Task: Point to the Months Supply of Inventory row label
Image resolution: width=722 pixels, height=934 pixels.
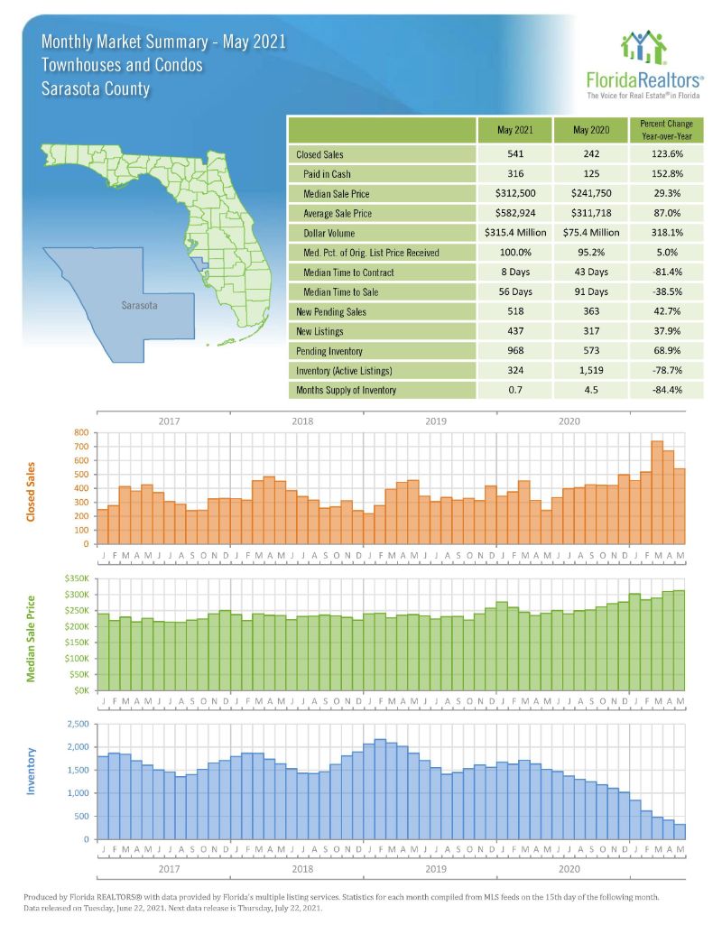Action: pos(344,390)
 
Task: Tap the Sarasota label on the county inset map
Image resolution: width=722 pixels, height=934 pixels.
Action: pos(139,306)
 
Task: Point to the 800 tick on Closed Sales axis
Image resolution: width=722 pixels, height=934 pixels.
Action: pos(81,433)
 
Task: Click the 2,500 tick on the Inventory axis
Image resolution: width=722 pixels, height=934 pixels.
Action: pos(77,725)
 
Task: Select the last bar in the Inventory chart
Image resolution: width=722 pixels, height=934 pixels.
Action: pos(679,832)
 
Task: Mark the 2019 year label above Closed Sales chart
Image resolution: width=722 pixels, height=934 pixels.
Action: pos(435,421)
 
